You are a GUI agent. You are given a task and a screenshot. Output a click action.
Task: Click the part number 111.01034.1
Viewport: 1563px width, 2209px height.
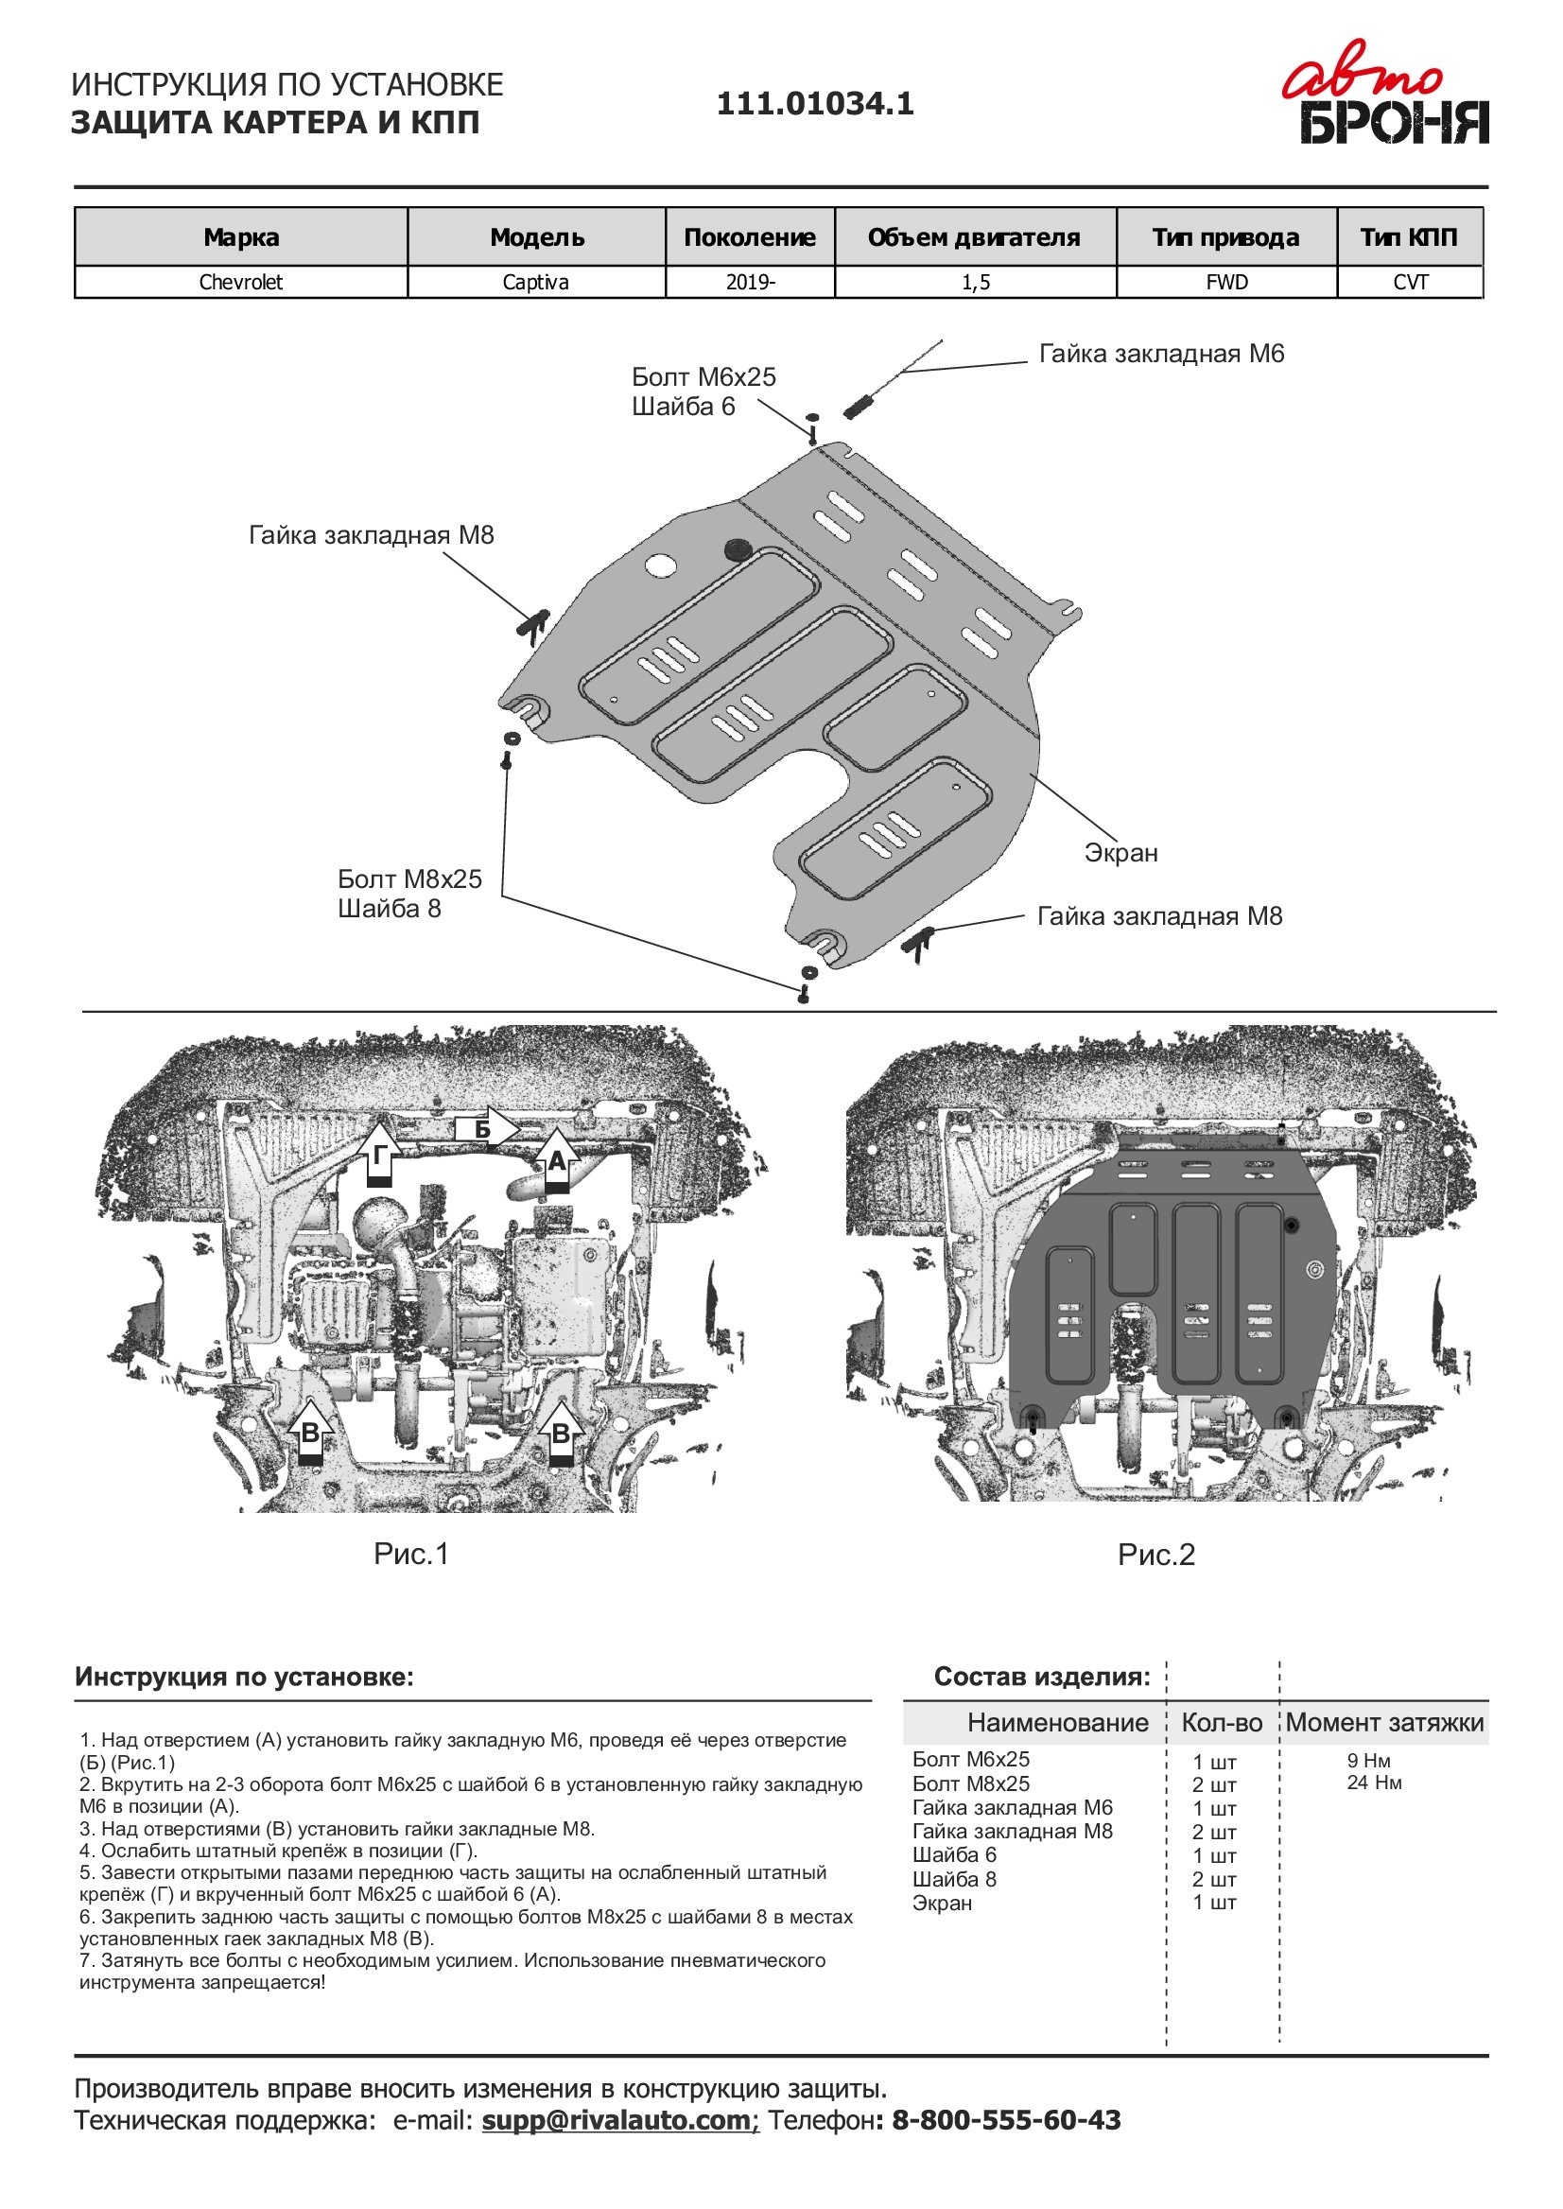(x=814, y=104)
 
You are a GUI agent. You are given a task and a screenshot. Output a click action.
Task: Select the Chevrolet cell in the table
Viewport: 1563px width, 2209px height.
(x=240, y=282)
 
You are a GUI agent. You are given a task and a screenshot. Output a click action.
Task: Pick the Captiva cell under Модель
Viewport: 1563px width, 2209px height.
(x=535, y=282)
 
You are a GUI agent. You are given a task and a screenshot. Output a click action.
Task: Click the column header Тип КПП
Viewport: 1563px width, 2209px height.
(x=1408, y=236)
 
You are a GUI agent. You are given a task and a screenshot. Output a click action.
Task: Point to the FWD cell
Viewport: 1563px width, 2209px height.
(x=1225, y=282)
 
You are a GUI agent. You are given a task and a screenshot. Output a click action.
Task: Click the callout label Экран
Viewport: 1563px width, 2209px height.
(x=1120, y=853)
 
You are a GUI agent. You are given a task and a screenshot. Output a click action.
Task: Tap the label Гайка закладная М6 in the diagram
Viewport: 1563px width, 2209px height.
(x=1161, y=355)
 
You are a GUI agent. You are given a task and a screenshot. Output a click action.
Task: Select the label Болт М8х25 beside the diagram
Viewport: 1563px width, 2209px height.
(x=409, y=878)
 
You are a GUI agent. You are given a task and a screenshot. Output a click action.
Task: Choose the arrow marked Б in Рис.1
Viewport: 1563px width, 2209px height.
(x=487, y=1129)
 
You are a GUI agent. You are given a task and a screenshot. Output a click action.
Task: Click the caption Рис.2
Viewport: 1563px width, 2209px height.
(x=1155, y=1555)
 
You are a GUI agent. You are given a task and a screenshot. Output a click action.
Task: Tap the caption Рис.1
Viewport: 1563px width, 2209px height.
(x=411, y=1554)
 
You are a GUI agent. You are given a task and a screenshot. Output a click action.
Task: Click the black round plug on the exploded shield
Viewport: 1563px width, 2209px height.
(x=738, y=548)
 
